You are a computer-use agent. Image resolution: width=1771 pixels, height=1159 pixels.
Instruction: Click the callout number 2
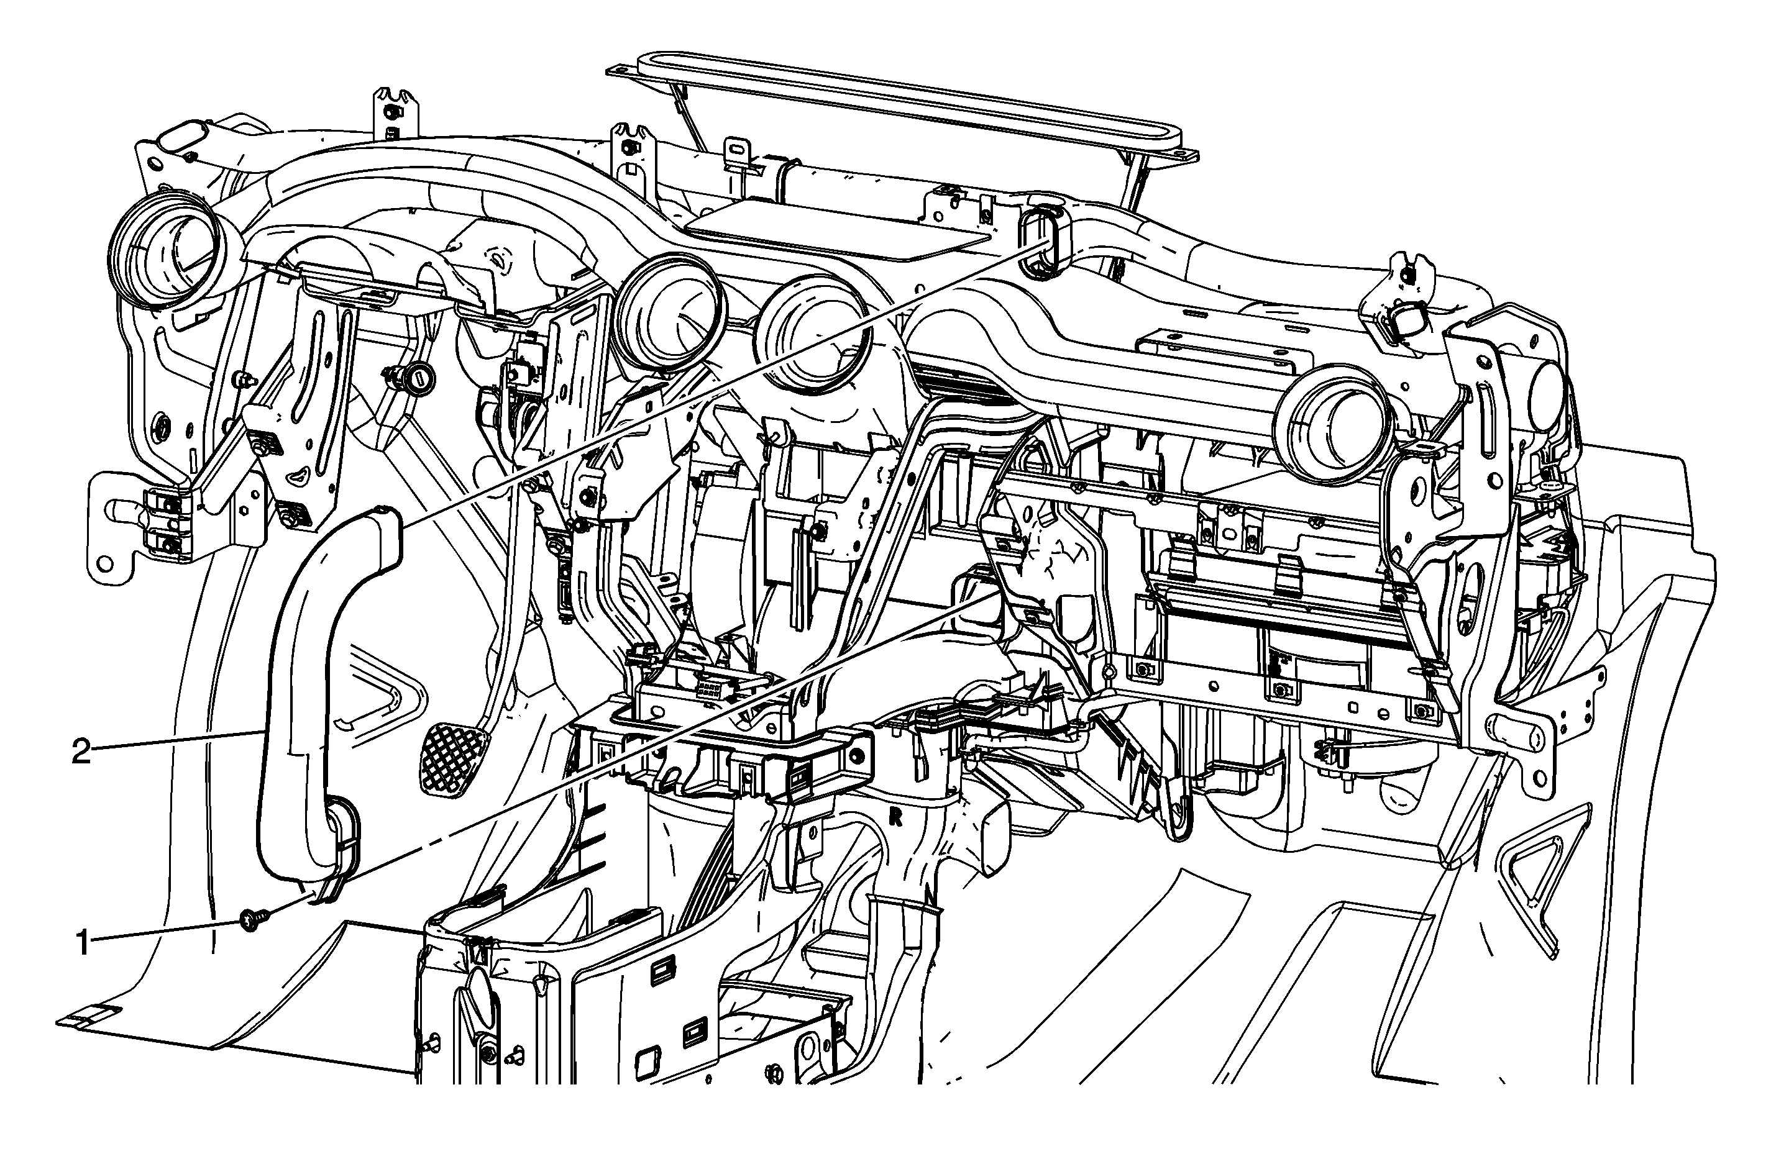(81, 752)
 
